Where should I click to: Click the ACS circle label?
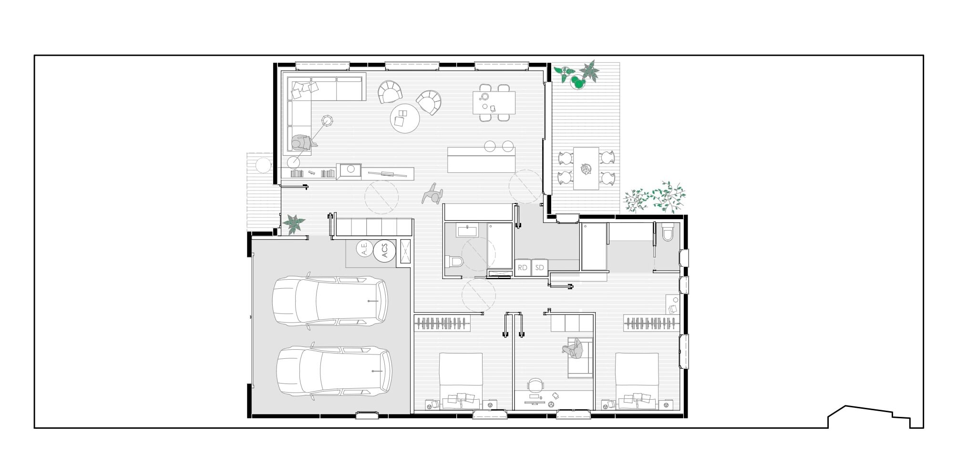pos(385,251)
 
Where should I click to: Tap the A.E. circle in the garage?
pos(365,248)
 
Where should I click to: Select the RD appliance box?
pos(523,267)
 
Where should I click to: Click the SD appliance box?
pos(540,267)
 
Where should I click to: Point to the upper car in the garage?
pos(330,302)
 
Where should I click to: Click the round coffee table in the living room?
pos(405,118)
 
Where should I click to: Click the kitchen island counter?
pos(482,160)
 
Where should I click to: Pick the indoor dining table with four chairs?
pos(494,103)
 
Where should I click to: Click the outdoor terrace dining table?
pos(586,169)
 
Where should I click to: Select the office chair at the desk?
pos(535,385)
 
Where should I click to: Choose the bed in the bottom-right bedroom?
pos(637,381)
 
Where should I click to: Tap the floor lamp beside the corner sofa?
pos(328,121)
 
